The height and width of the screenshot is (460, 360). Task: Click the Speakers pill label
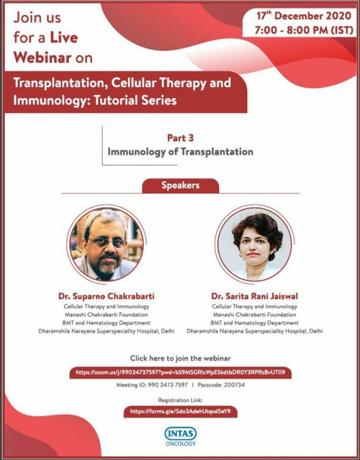click(179, 185)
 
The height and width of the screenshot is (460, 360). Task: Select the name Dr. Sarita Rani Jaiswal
click(255, 296)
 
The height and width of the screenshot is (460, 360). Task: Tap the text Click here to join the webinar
click(180, 358)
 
